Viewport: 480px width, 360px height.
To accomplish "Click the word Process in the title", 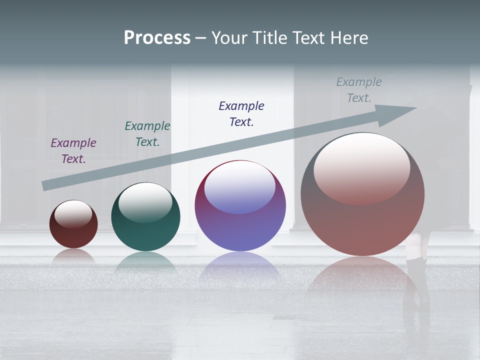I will [x=157, y=38].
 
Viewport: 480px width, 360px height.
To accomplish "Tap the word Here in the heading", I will [x=348, y=38].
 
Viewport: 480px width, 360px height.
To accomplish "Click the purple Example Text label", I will [x=73, y=151].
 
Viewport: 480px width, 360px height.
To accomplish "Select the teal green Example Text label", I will [x=147, y=134].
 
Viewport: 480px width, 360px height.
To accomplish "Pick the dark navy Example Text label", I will [x=241, y=113].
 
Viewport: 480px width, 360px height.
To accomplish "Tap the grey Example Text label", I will [x=359, y=90].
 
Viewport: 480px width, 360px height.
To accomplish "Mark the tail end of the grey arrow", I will [x=46, y=185].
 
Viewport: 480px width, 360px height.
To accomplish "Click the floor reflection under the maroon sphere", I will [x=73, y=256].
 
